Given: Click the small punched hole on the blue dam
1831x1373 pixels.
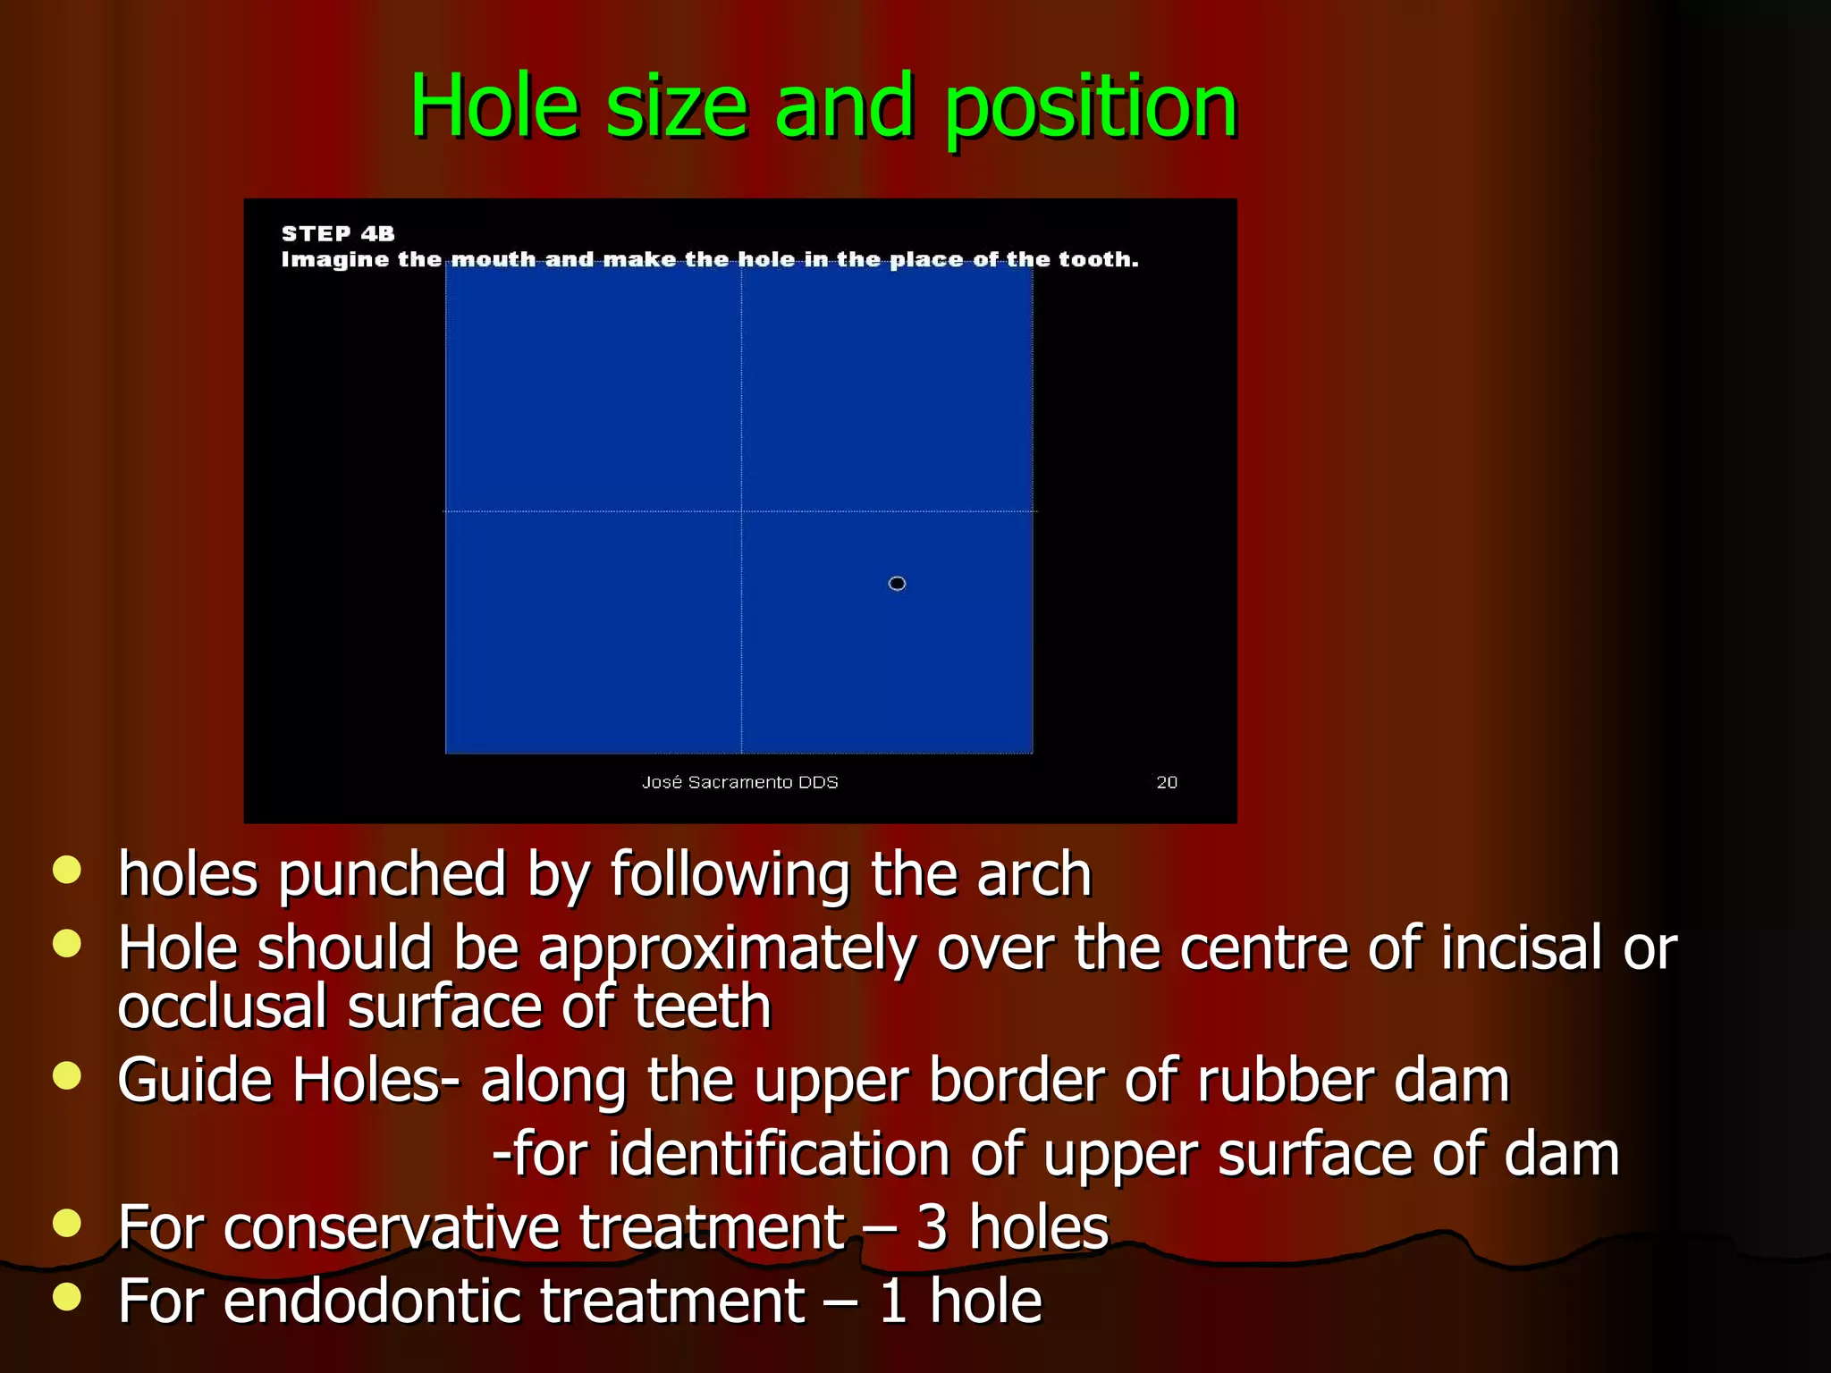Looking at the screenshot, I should coord(897,584).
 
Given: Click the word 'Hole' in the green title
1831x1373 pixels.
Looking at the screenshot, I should coord(494,106).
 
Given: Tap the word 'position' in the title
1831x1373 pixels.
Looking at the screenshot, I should coord(1091,108).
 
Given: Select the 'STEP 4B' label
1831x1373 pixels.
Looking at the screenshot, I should coord(338,233).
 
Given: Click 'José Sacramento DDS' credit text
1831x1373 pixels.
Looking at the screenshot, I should coord(739,782).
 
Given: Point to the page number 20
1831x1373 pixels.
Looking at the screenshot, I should coord(1167,782).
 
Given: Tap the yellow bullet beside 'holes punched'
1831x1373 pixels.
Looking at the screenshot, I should coord(67,870).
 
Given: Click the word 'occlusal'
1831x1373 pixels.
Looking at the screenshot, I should coord(223,1007).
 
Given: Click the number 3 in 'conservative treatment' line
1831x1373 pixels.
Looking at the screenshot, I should coord(932,1227).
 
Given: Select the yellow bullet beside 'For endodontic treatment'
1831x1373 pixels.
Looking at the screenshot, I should coord(67,1296).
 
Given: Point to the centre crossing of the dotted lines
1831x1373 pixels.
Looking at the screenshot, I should coord(741,511).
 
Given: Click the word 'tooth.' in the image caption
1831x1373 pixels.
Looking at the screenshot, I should coord(1099,259).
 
